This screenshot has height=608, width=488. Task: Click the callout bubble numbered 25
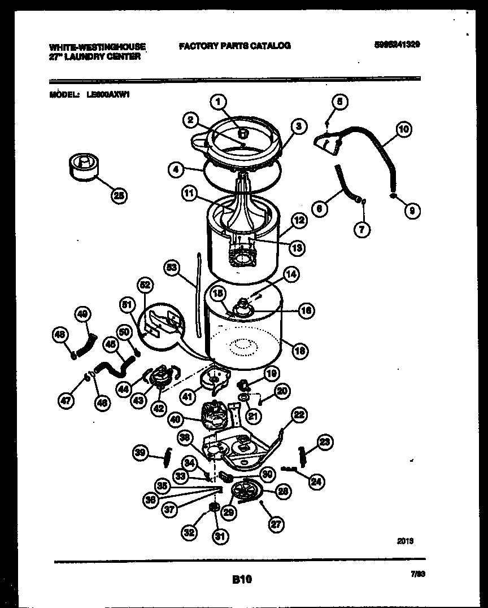click(x=118, y=195)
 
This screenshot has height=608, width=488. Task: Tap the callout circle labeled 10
click(x=403, y=129)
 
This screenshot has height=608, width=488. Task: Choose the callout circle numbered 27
click(x=275, y=524)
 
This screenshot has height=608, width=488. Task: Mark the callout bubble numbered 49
click(x=82, y=314)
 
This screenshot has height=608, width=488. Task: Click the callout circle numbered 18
click(x=300, y=351)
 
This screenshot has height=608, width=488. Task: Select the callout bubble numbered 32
click(x=189, y=531)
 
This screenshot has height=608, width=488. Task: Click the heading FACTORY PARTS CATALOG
click(x=235, y=46)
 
